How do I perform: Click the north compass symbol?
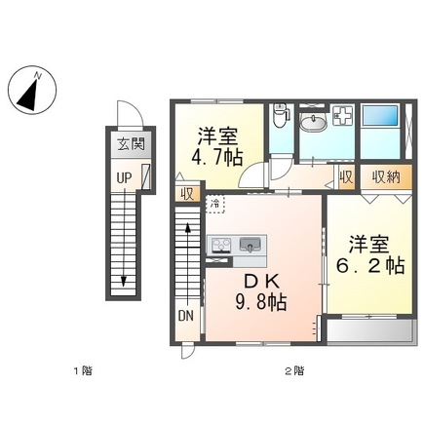[x=32, y=90]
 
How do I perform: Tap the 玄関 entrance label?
[x=131, y=143]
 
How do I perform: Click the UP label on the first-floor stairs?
[x=125, y=177]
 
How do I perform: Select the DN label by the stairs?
[x=186, y=316]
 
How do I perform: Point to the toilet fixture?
[x=280, y=115]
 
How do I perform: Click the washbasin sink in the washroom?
[x=313, y=123]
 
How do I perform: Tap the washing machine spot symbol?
[x=342, y=116]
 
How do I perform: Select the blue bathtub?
[x=380, y=116]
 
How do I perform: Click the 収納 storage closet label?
[x=386, y=177]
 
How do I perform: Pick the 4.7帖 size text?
[x=217, y=159]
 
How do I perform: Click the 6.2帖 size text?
[x=370, y=266]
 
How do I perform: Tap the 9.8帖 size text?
[x=261, y=303]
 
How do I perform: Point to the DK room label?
[x=261, y=282]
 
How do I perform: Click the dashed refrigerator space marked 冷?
[x=215, y=205]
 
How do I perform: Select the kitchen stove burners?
[x=221, y=245]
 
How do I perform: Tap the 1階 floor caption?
[x=83, y=370]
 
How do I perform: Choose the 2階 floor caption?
[x=294, y=370]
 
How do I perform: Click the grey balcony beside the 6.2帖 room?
[x=370, y=330]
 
